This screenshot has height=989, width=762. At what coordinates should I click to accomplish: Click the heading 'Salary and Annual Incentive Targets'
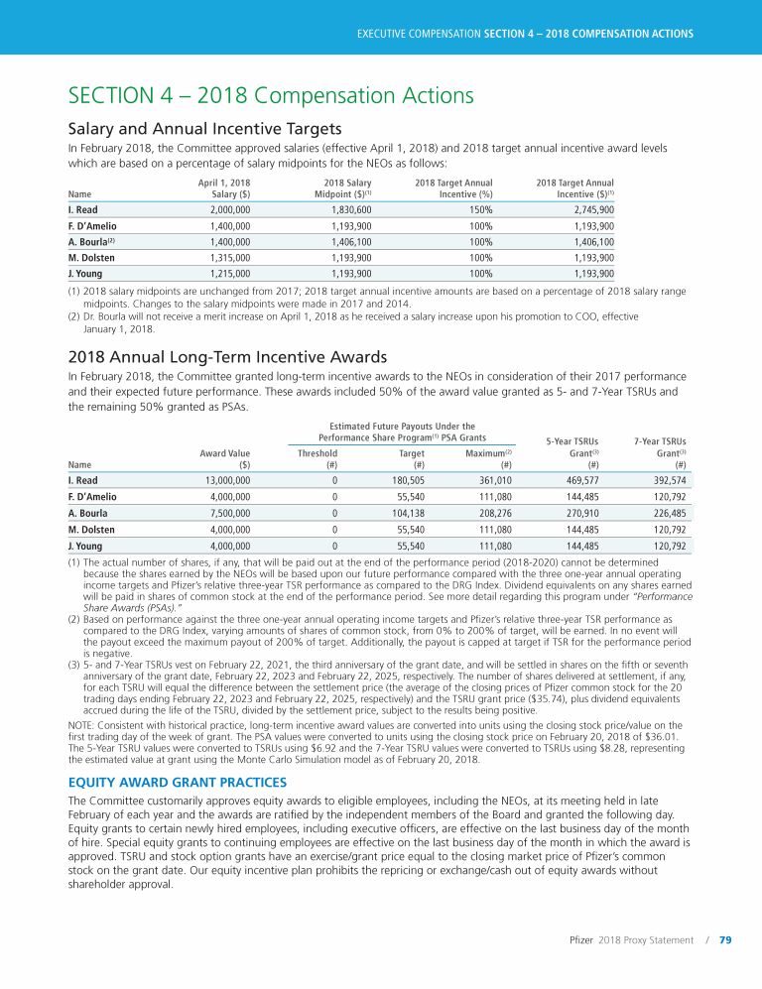point(204,129)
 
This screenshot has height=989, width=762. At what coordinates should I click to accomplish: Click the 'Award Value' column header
point(224,452)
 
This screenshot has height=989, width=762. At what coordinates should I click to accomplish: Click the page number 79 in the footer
point(725,940)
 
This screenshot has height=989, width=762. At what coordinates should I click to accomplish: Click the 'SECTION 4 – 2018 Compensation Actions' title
point(270,95)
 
